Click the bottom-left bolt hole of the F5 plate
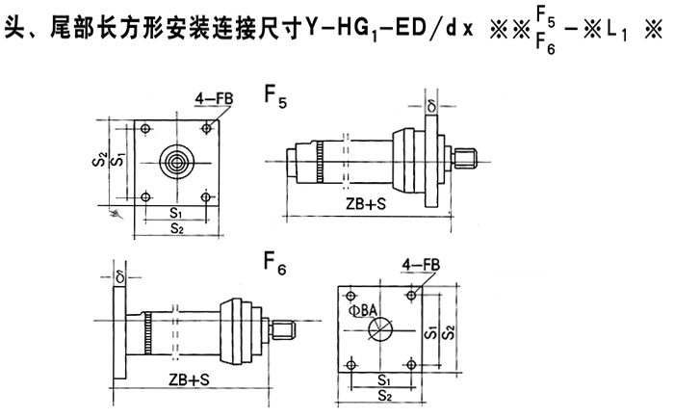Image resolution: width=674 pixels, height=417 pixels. coord(144,197)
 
